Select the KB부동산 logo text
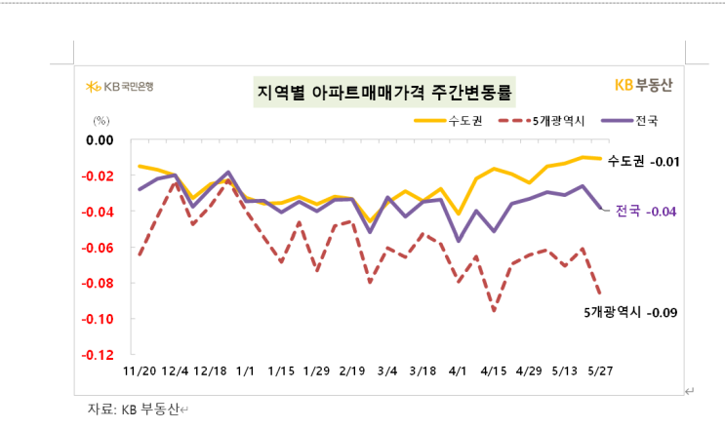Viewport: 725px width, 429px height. pos(643,85)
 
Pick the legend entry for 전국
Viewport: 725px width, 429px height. pos(632,122)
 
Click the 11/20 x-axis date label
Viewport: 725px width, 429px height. pos(140,371)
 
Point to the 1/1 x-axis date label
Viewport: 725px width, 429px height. pos(246,371)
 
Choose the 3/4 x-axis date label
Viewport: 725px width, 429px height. pos(387,371)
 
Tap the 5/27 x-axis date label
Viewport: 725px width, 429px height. pos(600,371)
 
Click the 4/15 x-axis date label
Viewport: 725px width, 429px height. pos(494,371)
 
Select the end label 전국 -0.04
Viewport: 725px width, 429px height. pos(646,211)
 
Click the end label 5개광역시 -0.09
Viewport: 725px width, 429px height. pos(629,312)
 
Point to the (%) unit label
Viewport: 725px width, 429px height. pos(101,121)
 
